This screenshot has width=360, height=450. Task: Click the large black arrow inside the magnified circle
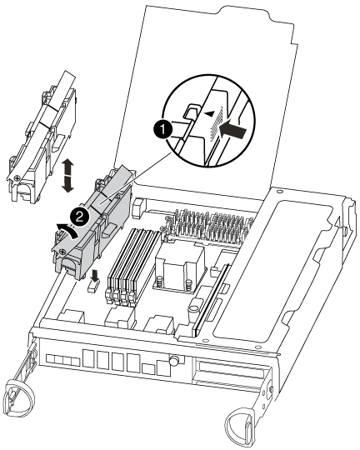coord(232,132)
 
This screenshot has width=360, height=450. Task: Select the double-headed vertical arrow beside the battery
coord(67,176)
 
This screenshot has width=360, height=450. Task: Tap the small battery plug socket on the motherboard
coord(92,287)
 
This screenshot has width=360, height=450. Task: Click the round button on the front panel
coord(173,361)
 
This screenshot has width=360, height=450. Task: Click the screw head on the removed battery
coord(17,178)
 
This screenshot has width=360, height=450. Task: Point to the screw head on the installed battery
coord(62,252)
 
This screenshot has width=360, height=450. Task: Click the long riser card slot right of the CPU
coord(212,299)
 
